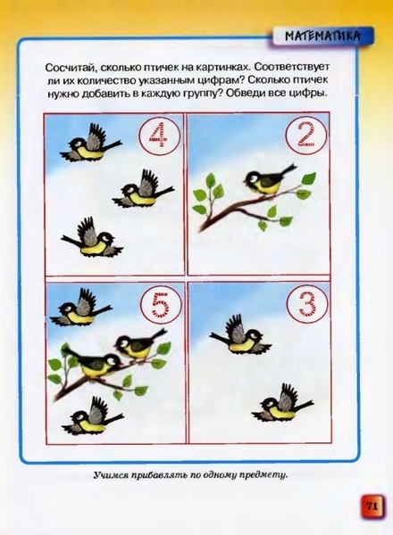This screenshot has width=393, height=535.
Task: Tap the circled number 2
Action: tap(306, 136)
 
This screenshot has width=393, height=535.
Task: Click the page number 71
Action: tap(372, 506)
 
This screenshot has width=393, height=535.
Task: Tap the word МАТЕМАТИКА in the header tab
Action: tap(322, 37)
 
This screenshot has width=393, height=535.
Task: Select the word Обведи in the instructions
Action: tap(245, 93)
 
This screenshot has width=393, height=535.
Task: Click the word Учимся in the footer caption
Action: tap(109, 475)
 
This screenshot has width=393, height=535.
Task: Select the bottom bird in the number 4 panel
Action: tap(92, 238)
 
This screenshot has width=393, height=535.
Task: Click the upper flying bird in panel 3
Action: tap(240, 336)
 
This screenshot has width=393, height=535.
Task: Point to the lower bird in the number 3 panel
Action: tap(281, 404)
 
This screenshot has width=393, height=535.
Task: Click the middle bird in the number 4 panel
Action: tap(144, 189)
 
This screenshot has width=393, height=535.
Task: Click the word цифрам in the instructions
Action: tap(221, 81)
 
